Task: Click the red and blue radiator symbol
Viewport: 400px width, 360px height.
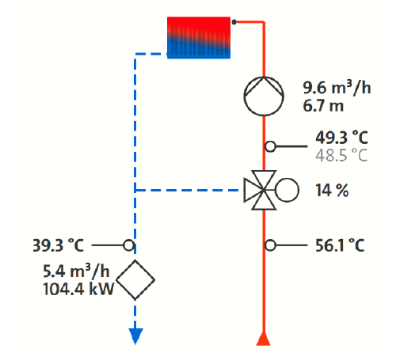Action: click(x=199, y=37)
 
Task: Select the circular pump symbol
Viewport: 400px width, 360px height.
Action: click(x=264, y=97)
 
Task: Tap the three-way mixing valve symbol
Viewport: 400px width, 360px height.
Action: click(x=261, y=190)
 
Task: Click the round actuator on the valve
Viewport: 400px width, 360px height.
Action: click(x=287, y=190)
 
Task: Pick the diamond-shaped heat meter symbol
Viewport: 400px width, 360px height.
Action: click(x=135, y=280)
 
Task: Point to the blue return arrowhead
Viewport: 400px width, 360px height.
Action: click(x=135, y=336)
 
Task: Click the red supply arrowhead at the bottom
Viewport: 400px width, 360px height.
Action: click(x=263, y=339)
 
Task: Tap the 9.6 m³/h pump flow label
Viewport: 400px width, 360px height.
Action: click(x=337, y=87)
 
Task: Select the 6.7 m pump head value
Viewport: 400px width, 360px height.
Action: click(x=323, y=106)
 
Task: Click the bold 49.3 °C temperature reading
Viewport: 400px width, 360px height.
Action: click(x=341, y=138)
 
